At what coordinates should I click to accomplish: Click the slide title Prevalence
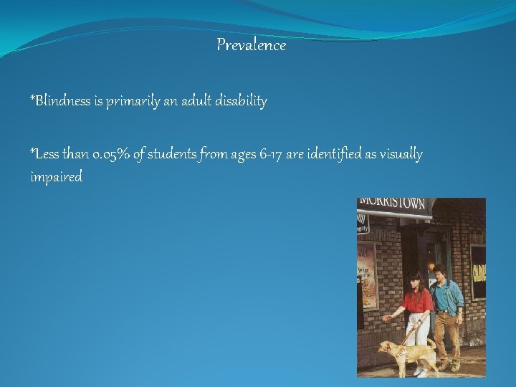251,45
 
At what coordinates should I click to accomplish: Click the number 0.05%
114,154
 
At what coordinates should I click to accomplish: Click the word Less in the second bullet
44,154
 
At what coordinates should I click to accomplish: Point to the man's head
441,272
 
